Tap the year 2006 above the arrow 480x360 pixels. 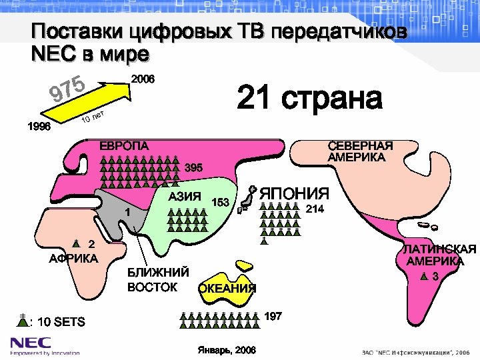pos(143,79)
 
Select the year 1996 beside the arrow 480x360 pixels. pos(38,127)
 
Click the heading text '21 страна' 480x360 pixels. pos(309,99)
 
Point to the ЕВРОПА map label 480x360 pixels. pos(124,145)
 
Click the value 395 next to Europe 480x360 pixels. pos(194,166)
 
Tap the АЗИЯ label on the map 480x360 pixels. pos(185,197)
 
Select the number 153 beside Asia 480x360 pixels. pos(220,202)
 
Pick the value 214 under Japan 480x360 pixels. pos(315,209)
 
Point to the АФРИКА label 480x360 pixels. pos(73,258)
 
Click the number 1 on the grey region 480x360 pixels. pos(127,211)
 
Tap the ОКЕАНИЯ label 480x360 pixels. pos(227,288)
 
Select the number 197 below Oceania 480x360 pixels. pos(273,315)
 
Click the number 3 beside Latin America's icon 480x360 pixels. pos(435,276)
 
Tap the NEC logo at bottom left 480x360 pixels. pos(29,343)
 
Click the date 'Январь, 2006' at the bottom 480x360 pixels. pos(227,350)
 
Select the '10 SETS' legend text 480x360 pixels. pos(61,322)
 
